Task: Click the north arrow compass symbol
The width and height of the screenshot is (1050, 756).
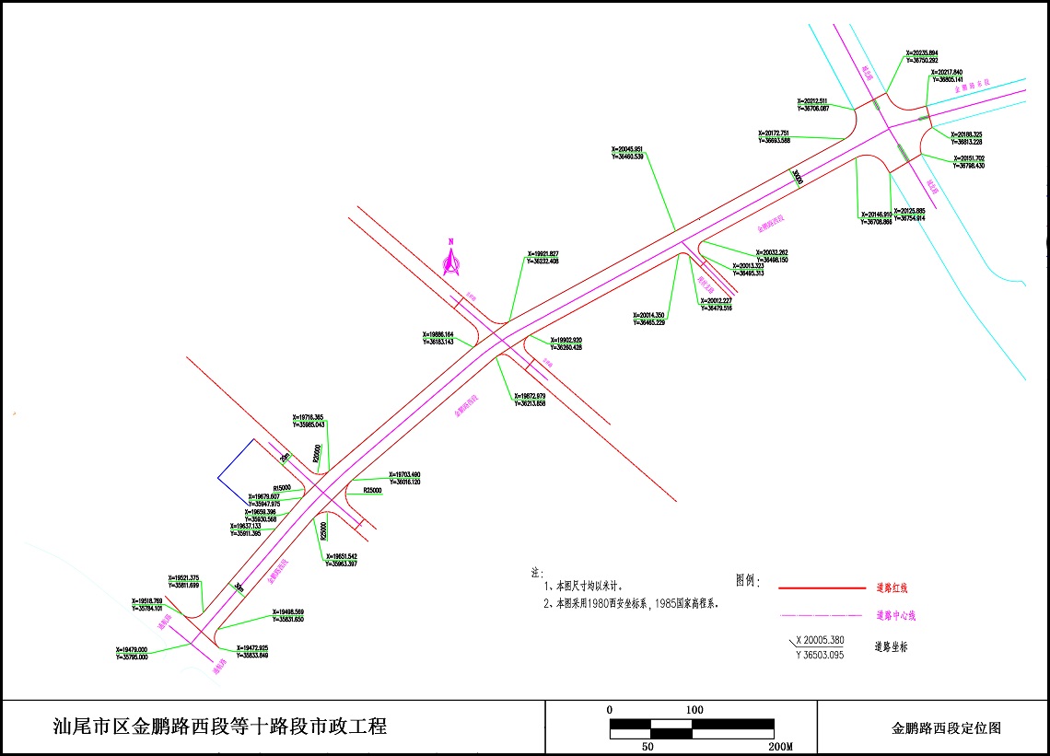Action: (x=451, y=260)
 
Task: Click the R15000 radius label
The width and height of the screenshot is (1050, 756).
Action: (x=282, y=488)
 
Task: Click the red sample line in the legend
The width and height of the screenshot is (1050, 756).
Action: (x=822, y=587)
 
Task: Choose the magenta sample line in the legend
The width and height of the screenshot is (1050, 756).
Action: (x=822, y=615)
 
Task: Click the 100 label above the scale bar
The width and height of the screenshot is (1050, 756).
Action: (x=694, y=710)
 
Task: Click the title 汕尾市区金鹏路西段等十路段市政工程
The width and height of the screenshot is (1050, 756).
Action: (x=220, y=727)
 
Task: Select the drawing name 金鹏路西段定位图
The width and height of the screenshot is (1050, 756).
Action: (x=946, y=727)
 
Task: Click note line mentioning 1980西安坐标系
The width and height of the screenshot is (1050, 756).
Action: (x=632, y=605)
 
